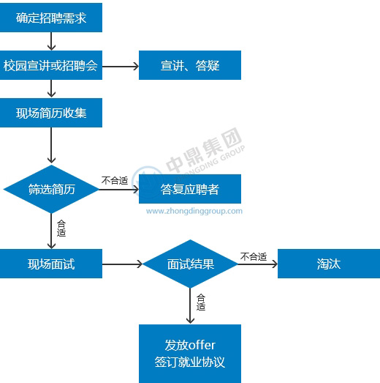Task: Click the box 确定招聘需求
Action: click(51, 18)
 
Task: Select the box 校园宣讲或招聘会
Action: click(51, 65)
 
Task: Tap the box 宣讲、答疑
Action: click(190, 65)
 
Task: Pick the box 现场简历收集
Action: click(51, 113)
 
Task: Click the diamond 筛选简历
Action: click(51, 189)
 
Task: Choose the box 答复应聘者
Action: click(190, 189)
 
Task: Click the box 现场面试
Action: click(51, 264)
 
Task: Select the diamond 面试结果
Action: click(190, 264)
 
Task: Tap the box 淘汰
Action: click(329, 264)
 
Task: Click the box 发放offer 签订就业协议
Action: click(190, 354)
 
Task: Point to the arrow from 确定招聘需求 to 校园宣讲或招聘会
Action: click(51, 41)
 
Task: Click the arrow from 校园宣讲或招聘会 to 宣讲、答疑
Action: click(121, 66)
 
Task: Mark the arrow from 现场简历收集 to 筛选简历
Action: click(51, 145)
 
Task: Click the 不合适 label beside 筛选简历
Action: click(115, 181)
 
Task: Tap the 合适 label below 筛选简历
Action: click(61, 228)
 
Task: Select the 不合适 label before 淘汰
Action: click(254, 257)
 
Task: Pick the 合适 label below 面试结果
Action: click(201, 302)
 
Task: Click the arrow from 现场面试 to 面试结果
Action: click(122, 264)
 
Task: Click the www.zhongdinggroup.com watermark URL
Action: click(194, 211)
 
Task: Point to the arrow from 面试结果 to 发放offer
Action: click(190, 306)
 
